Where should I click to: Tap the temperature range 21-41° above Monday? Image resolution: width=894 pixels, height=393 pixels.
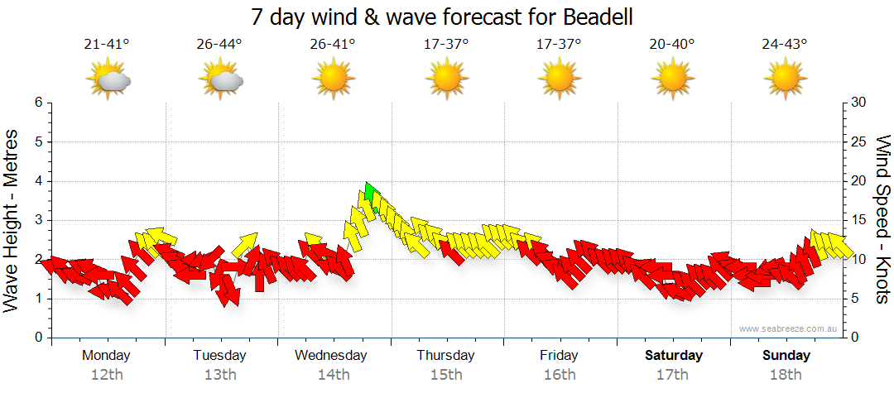108,44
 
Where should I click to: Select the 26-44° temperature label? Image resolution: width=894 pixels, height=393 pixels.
219,44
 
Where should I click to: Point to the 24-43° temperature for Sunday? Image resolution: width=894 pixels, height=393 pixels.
785,44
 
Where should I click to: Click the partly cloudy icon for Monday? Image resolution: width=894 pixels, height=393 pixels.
108,80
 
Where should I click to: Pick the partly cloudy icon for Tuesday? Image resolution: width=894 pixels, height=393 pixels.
220,80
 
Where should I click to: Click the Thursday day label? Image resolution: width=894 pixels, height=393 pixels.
445,356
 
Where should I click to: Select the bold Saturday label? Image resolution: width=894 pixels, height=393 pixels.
674,356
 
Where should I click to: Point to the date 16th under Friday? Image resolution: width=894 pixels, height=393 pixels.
560,375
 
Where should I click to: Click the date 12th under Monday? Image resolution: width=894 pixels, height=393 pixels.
107,375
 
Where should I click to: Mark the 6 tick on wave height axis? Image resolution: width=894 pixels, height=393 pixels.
38,103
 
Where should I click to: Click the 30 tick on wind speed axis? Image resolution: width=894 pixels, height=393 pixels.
859,103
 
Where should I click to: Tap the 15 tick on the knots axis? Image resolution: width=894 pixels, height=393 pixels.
859,220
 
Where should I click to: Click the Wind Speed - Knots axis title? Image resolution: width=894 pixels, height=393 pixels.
882,219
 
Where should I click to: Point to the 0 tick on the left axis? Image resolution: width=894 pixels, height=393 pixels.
38,338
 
